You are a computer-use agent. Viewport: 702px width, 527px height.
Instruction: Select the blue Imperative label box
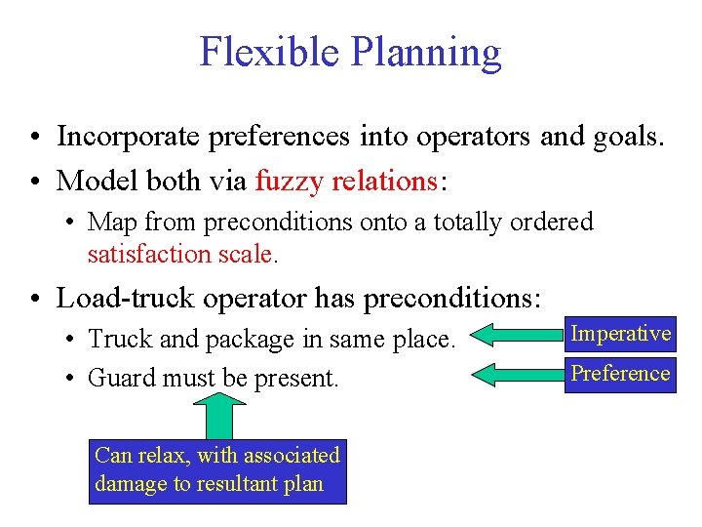point(621,334)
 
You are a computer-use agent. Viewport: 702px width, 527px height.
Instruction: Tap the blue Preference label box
point(621,374)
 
